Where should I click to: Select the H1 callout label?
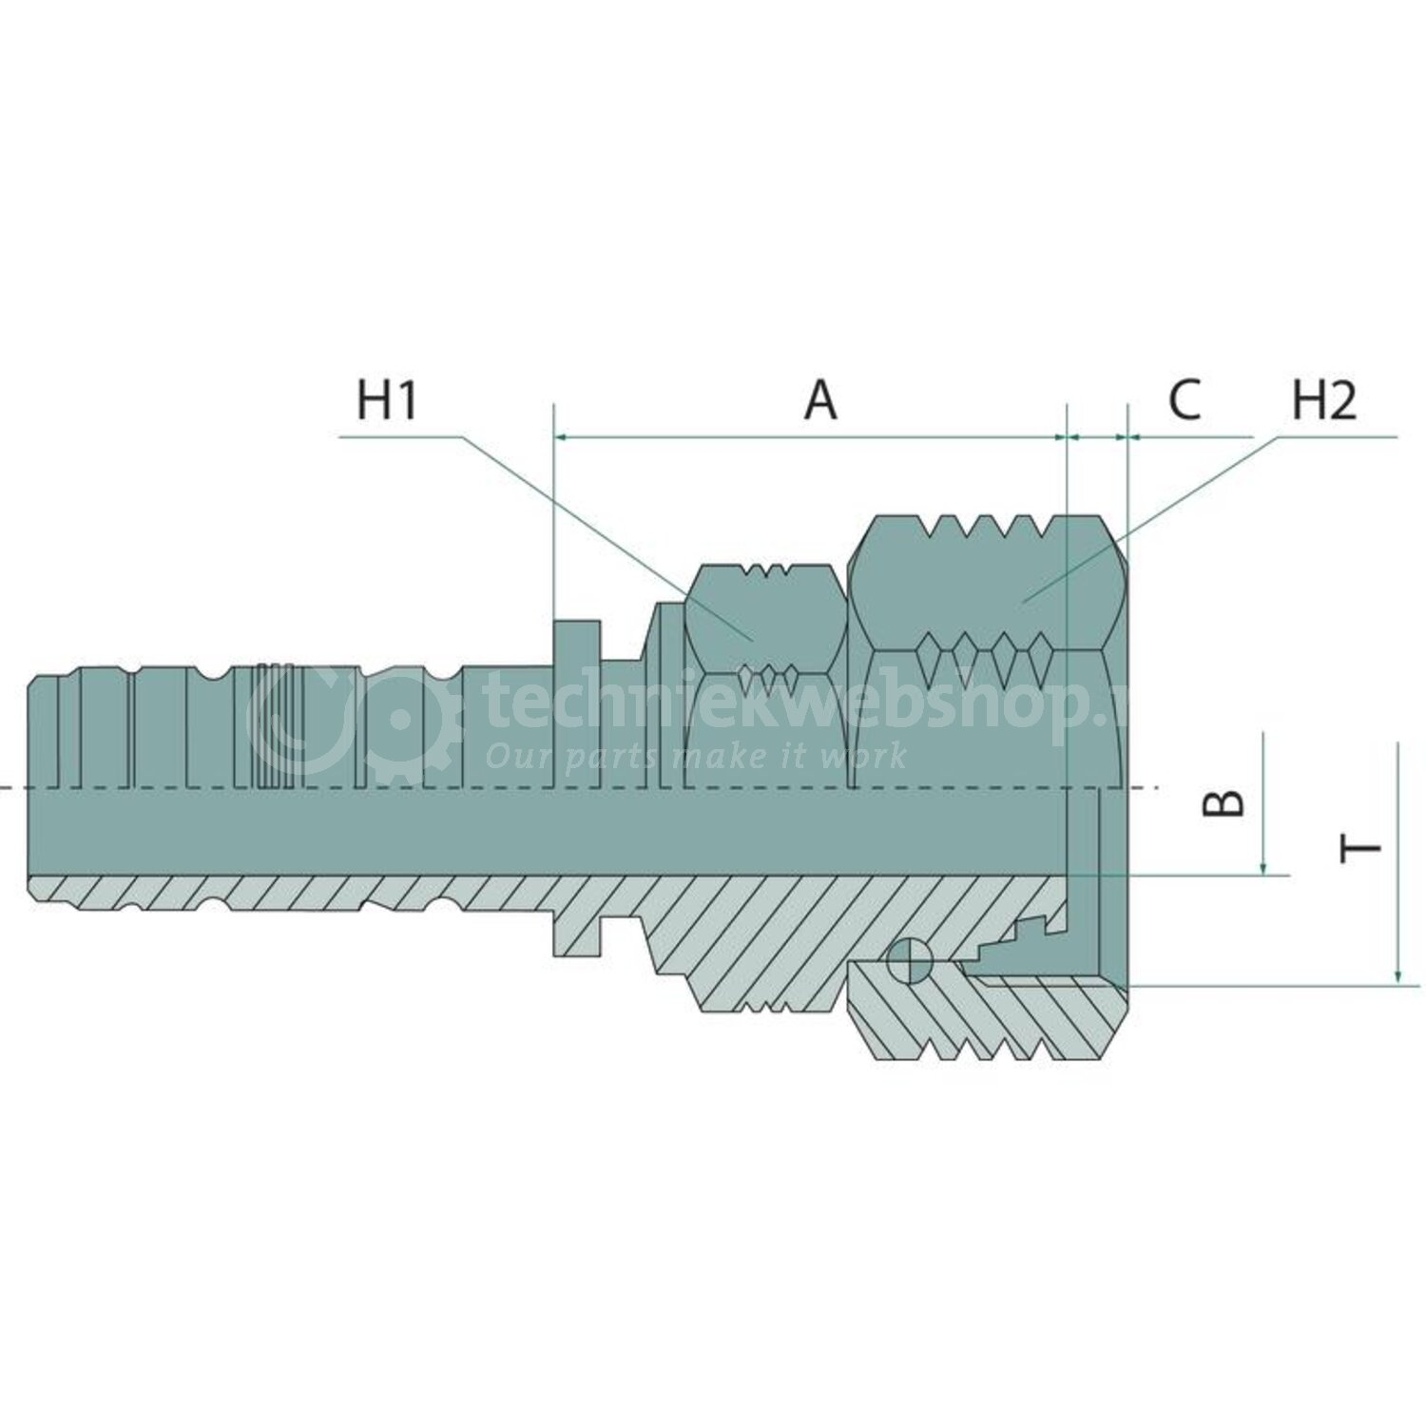pyautogui.click(x=387, y=400)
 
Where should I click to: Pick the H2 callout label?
pyautogui.click(x=1323, y=400)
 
